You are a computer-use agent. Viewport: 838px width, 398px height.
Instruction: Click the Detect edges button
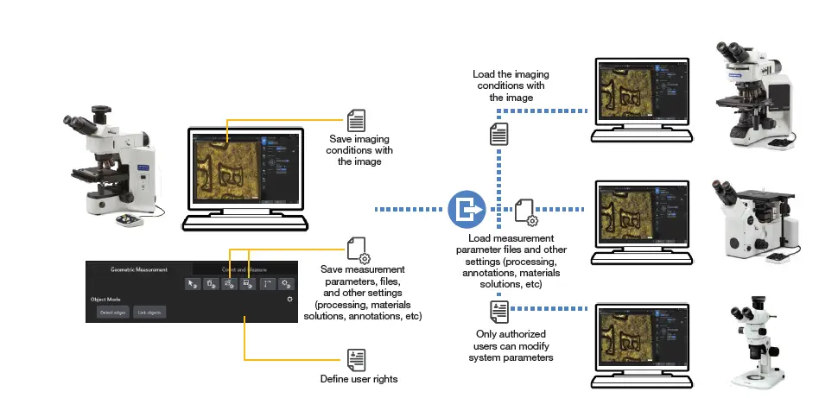113,312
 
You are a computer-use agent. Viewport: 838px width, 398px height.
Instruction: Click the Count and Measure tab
244,269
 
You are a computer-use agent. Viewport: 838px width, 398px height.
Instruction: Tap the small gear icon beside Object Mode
290,299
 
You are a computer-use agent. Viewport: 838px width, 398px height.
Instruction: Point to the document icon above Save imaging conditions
356,120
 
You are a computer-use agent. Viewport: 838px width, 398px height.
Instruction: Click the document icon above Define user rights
356,359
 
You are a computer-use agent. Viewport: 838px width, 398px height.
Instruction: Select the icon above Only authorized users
498,311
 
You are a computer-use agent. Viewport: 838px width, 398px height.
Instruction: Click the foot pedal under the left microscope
131,220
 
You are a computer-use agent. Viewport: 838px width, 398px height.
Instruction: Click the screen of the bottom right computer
643,340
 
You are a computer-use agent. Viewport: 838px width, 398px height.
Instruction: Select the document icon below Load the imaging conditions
498,135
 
